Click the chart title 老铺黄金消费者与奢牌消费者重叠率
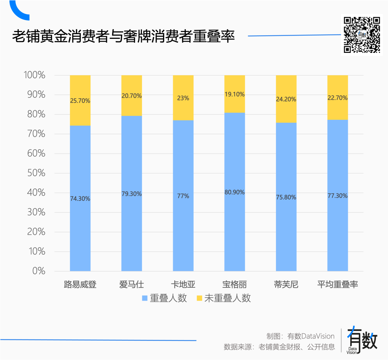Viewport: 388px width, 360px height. (x=123, y=36)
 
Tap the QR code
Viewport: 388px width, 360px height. (x=362, y=35)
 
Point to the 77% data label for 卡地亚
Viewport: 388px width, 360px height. (x=183, y=196)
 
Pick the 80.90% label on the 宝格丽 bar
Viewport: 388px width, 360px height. (x=235, y=192)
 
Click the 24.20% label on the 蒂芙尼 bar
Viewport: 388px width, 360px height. (x=286, y=99)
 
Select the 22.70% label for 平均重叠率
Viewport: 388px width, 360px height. (x=338, y=97)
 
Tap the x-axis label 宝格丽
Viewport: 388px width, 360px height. (x=235, y=284)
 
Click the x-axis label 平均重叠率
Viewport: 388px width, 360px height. (x=338, y=284)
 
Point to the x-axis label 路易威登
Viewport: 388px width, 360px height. (x=80, y=284)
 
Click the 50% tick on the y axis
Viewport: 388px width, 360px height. (x=36, y=173)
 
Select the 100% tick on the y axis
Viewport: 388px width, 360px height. (x=34, y=75)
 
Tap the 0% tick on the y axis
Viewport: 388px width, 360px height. (x=38, y=271)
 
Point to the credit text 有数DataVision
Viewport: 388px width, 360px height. (x=311, y=336)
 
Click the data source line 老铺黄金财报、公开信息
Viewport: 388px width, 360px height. (x=297, y=347)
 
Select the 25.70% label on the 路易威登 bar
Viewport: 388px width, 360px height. (x=80, y=101)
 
